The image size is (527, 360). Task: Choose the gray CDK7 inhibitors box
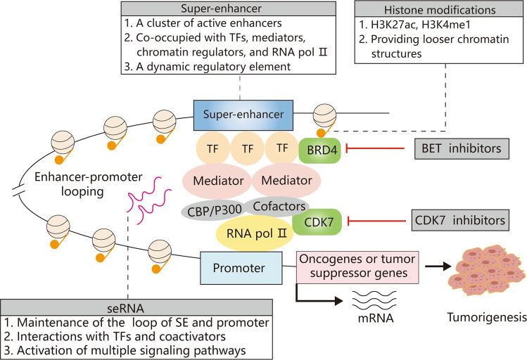[460, 221]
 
